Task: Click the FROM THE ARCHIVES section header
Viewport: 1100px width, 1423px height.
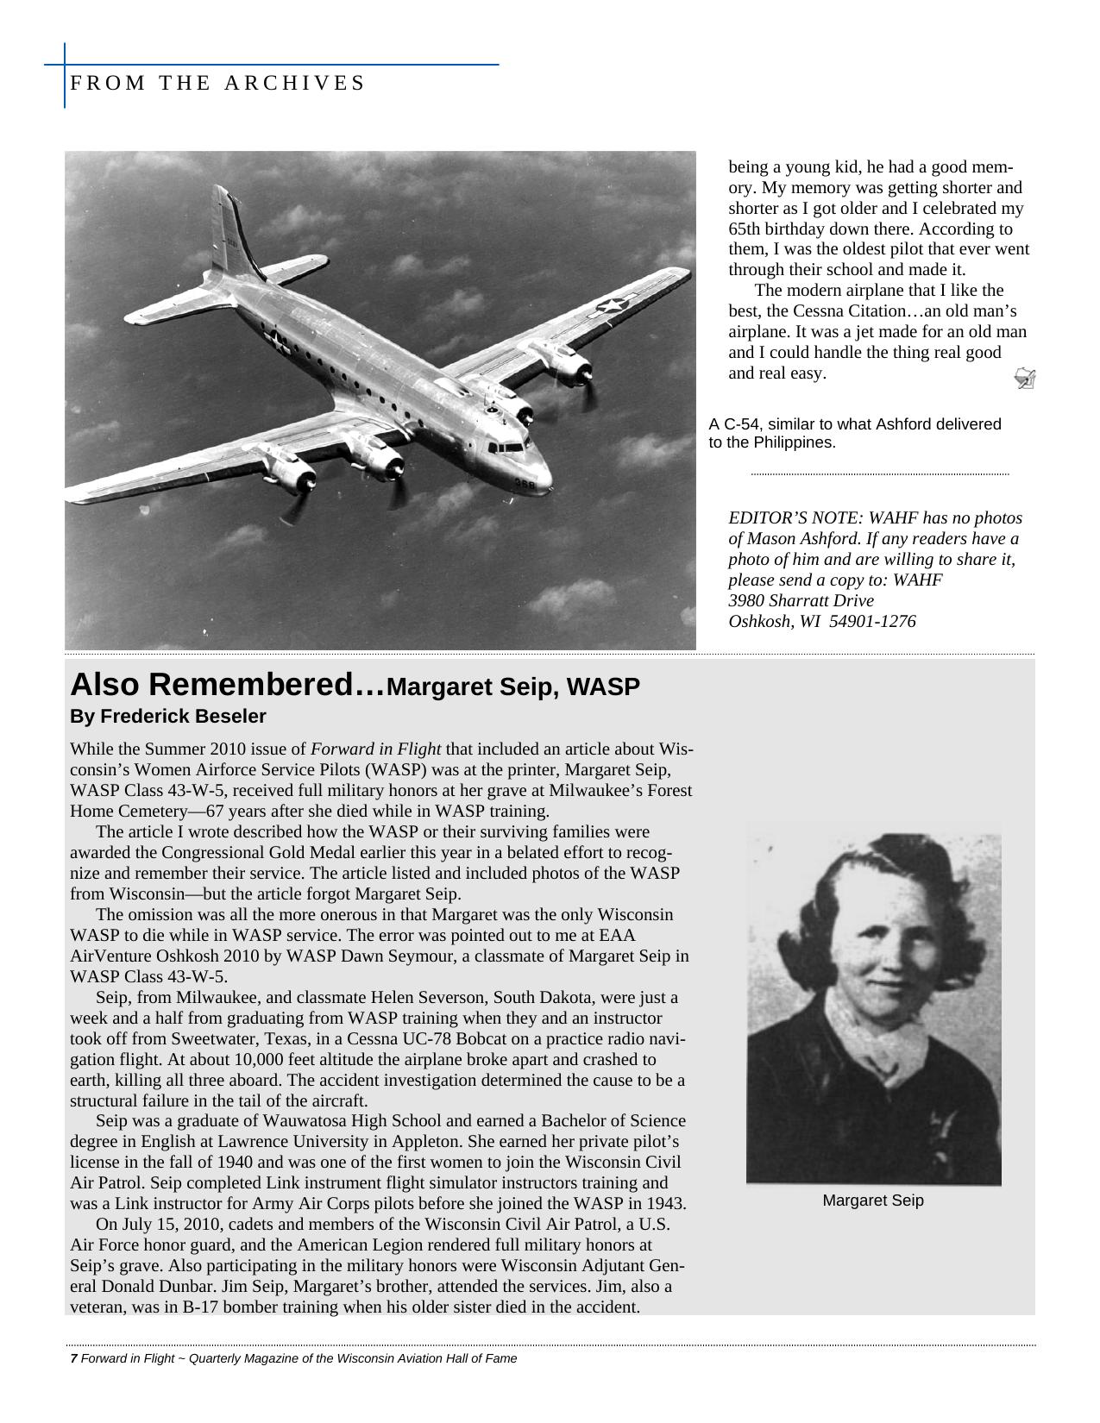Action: click(x=217, y=84)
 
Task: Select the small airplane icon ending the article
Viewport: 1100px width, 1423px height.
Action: click(x=1025, y=378)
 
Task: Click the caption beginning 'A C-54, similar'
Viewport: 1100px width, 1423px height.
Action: click(x=854, y=433)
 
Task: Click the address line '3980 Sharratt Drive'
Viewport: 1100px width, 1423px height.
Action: click(x=801, y=601)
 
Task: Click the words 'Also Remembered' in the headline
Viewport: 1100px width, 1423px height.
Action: click(x=226, y=686)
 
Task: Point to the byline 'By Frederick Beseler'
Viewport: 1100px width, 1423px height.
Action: click(x=168, y=717)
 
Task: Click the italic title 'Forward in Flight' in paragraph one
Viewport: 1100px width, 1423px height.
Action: click(x=375, y=749)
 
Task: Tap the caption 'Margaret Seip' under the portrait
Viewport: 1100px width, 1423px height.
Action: click(x=872, y=1200)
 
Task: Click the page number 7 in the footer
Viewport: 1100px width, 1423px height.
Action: click(x=73, y=1359)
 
